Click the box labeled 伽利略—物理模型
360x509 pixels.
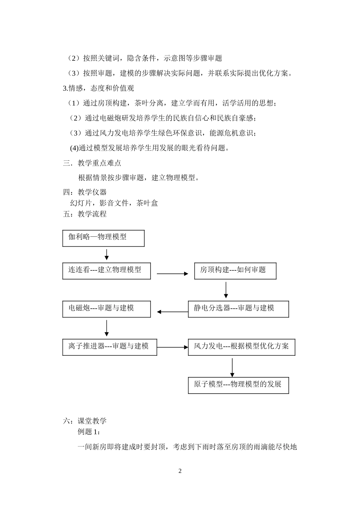pos(103,238)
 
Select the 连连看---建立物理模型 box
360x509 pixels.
pos(106,271)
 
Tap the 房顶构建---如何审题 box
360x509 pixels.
pos(235,271)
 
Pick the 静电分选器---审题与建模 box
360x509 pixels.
pos(238,309)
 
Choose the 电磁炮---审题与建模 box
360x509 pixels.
pos(106,309)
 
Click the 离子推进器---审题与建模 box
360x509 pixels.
pos(110,347)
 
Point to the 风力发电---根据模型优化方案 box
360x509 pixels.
pos(241,347)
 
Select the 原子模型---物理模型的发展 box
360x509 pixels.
pos(238,385)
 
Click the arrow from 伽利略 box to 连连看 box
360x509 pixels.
pos(106,254)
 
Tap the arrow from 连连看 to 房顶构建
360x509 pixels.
pos(172,273)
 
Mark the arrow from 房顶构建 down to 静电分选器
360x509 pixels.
pos(226,290)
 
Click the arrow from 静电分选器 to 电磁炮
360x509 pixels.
pos(172,312)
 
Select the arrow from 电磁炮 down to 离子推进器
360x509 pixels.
pos(106,328)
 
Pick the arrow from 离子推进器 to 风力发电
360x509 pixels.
pos(172,347)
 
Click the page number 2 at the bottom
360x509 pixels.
pos(180,471)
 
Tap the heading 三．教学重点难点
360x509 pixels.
pos(92,163)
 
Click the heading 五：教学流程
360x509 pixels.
pos(85,214)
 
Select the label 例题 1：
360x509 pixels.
pos(89,432)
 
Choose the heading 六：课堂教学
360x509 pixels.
pos(85,421)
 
